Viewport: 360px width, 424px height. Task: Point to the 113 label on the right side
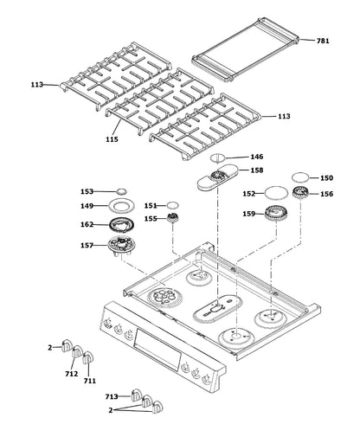[x=284, y=116]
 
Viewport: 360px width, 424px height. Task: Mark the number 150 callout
[x=326, y=177]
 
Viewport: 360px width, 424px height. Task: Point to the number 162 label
[x=86, y=225]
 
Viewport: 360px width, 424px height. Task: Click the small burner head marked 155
[x=175, y=219]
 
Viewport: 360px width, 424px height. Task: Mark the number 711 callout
[x=90, y=380]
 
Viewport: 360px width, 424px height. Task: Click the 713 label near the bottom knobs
[x=110, y=395]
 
